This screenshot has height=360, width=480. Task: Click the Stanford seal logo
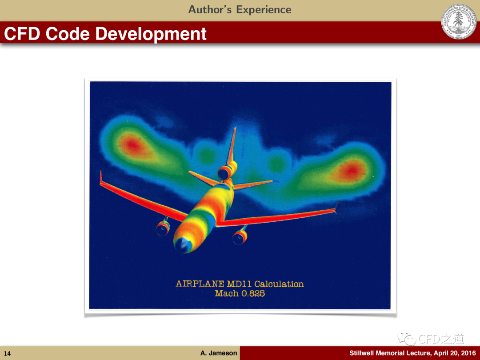tap(459, 22)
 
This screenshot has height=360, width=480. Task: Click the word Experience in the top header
tap(264, 10)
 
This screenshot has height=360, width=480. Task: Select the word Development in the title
tap(151, 34)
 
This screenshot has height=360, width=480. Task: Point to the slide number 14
tap(7, 354)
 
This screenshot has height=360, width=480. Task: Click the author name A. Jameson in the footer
tap(219, 353)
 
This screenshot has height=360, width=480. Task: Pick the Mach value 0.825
tap(253, 293)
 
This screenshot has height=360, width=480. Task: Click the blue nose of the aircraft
tap(183, 244)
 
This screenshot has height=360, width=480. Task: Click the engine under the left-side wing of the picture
tap(163, 228)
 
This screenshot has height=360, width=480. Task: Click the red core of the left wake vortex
tap(132, 144)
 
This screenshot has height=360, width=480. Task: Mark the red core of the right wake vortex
tap(351, 170)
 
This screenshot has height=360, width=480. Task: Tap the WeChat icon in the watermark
tap(407, 338)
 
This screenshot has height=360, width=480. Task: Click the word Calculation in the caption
tap(279, 284)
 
